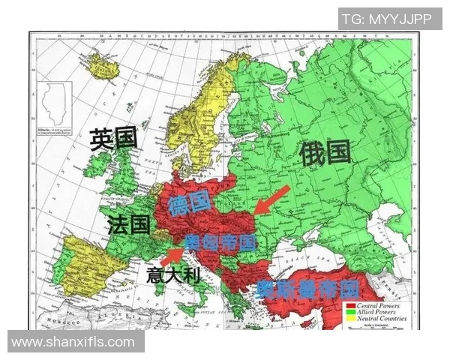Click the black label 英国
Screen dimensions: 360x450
(x=113, y=139)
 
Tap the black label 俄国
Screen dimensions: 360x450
(x=325, y=153)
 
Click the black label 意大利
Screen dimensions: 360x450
(x=172, y=274)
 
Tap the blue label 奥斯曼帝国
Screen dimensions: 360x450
(x=307, y=289)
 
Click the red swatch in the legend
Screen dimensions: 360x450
(x=350, y=306)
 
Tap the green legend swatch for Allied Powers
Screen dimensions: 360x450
(x=350, y=313)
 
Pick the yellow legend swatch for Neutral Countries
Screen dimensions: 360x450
(x=350, y=319)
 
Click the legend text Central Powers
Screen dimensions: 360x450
(x=378, y=306)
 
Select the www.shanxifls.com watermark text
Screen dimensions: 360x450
(x=73, y=342)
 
